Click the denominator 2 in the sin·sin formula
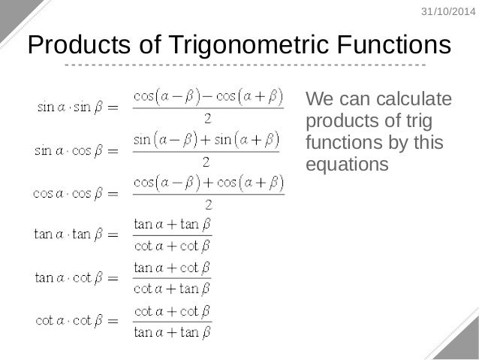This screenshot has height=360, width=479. click(207, 119)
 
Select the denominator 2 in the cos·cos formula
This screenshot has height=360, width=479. click(208, 204)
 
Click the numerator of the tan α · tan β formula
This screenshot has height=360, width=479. click(172, 225)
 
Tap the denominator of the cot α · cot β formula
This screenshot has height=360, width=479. click(172, 331)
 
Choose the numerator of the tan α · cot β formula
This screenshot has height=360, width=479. click(172, 268)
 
